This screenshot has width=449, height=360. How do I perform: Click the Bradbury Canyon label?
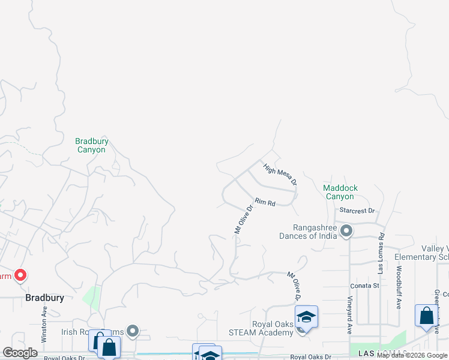pos(91,145)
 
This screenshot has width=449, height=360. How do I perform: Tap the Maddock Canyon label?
pos(340,192)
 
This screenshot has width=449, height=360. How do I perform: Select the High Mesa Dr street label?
pos(279,175)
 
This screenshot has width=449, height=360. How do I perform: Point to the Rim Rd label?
pos(265,202)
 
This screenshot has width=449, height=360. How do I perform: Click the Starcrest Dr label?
pos(357,211)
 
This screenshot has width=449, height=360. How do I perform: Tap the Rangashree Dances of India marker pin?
pos(346,231)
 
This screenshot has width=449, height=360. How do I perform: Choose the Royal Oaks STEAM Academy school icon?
pos(306,316)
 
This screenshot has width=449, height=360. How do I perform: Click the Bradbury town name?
pos(44,298)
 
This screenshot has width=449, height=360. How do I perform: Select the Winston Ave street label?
pos(44,325)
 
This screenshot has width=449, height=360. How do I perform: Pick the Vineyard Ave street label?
pos(349,314)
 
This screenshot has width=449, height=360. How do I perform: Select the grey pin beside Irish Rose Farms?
pos(133,331)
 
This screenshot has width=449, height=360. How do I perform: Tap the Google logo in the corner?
pos(20,353)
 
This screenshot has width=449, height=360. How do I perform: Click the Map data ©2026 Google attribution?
pos(412,355)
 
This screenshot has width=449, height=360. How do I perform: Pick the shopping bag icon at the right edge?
pos(426,316)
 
